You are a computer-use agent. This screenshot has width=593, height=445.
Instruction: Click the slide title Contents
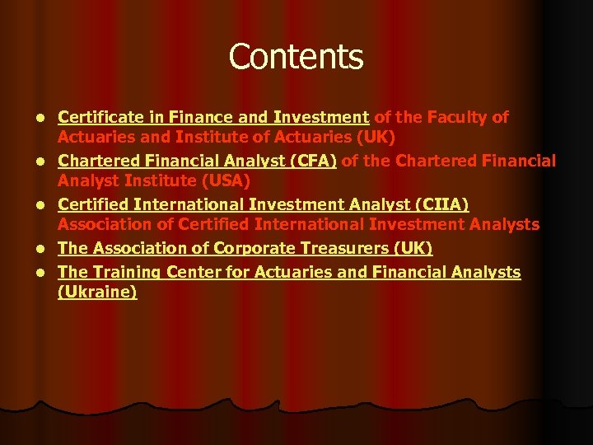296,57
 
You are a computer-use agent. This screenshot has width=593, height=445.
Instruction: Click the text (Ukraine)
97,292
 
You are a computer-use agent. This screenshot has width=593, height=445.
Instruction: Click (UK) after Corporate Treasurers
413,248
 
